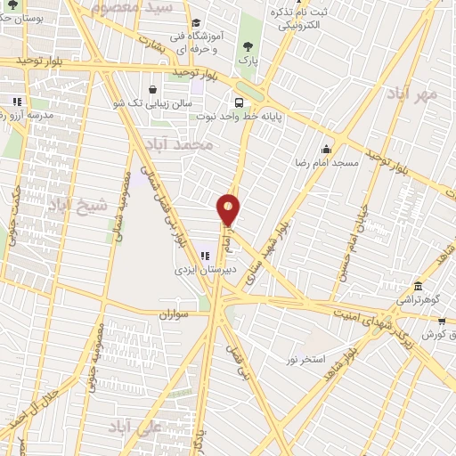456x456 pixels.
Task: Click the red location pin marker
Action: point(229,208)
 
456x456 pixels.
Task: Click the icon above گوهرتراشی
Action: point(419,288)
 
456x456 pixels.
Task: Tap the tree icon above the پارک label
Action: point(248,47)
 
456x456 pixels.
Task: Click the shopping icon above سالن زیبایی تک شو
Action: point(153,89)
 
